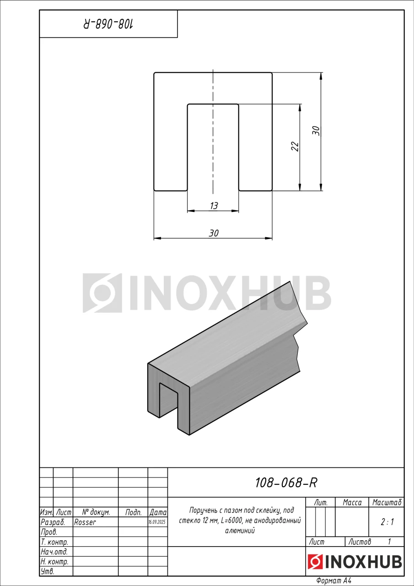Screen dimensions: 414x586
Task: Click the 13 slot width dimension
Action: (x=214, y=206)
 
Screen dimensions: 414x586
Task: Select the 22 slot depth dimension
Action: (x=295, y=146)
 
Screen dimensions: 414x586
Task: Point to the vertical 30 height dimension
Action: (x=316, y=131)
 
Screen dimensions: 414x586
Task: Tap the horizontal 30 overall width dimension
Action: (x=214, y=233)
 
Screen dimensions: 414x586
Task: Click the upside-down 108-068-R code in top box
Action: (x=108, y=24)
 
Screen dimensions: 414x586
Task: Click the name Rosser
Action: (x=85, y=522)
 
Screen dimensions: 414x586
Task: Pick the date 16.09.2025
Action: (x=157, y=522)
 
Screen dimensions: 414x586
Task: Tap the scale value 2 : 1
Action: (x=387, y=522)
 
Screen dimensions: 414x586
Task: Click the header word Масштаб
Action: (x=387, y=503)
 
